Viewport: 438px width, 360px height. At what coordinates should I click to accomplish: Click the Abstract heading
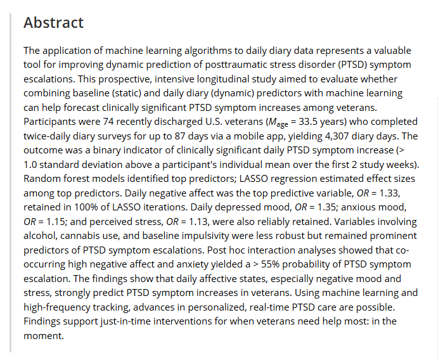53,23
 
